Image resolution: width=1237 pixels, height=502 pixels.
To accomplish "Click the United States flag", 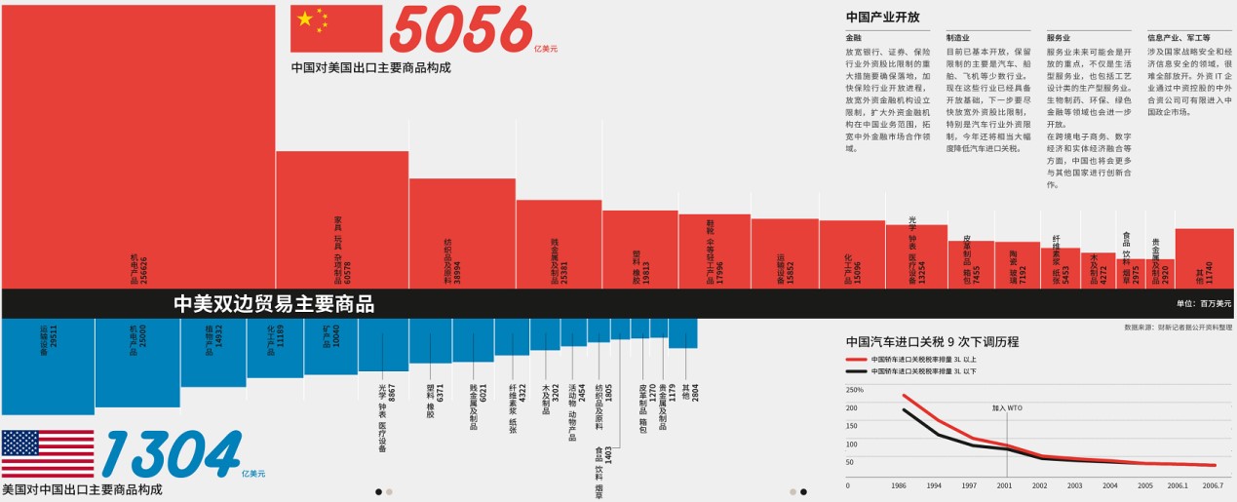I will coord(48,454).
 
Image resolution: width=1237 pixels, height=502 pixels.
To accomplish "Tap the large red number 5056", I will coord(460,30).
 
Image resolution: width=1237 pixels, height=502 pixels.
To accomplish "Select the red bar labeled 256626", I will coord(137,146).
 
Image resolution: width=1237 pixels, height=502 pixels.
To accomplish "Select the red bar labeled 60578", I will coord(342,219).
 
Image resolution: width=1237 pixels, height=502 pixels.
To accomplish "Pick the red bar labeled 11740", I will coord(1205,258).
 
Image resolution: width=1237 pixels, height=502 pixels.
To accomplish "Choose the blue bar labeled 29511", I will coord(47,366).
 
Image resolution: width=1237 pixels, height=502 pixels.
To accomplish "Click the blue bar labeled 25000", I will coord(137,362).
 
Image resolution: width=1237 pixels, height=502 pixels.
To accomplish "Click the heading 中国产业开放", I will coord(882,17).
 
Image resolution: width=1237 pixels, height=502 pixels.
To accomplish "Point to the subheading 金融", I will coord(853,38).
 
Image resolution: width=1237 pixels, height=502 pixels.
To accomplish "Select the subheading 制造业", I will coord(957,38).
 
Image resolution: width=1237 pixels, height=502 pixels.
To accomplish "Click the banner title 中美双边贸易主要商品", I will coord(274,304).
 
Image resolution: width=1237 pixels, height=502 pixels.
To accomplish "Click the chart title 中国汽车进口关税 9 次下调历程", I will coord(932,342).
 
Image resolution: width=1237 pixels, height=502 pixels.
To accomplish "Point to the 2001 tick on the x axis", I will coord(1004,484).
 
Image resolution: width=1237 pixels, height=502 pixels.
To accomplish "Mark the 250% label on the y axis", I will coord(855,390).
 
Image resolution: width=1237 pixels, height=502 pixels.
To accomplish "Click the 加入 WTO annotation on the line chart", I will coord(1006,408).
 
